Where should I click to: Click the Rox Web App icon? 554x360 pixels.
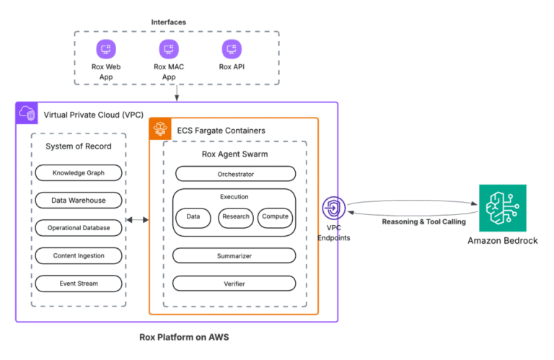107,50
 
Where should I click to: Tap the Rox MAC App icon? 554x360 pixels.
169,50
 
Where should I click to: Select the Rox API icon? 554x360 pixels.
231,50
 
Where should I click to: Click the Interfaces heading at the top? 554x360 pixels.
168,22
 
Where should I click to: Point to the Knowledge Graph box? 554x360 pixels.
79,173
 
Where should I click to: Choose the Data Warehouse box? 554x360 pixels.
79,201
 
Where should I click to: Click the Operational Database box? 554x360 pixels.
79,228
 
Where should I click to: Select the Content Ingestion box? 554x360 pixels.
79,255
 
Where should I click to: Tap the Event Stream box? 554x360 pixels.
79,284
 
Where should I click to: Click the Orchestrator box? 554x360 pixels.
235,174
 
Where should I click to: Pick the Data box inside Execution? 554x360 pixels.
193,217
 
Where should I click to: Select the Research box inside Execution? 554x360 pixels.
236,217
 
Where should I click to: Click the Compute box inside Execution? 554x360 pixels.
276,217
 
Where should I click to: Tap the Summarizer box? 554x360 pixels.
235,256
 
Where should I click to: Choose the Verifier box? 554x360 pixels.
235,284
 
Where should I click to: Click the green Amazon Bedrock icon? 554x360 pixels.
502,208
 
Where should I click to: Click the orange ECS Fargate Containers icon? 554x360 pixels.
159,130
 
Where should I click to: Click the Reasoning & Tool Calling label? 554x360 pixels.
413,221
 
